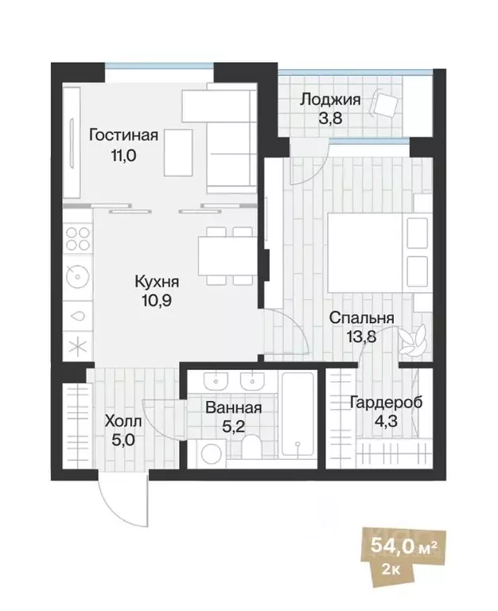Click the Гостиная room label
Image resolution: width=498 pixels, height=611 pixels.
123,135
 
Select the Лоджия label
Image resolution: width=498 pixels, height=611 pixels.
330,100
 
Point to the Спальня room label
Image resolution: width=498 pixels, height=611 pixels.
362,318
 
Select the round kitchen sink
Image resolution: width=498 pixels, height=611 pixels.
77,277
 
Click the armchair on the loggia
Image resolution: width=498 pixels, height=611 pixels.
388,106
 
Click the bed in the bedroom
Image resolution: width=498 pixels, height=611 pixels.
366,250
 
